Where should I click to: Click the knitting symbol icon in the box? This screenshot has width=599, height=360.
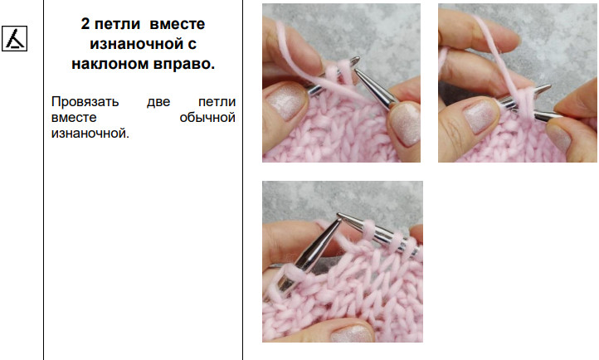point(14,38)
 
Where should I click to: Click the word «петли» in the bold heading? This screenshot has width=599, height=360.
point(117,24)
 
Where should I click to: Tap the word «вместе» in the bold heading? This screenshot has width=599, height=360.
point(178,24)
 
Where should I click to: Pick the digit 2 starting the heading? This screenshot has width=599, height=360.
point(85,24)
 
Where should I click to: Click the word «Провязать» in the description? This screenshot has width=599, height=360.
point(85,102)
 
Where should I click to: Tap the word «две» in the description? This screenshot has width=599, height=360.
point(158,102)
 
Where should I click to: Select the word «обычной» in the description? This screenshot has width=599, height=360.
point(207,118)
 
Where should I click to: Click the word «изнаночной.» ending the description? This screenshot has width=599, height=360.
point(90,134)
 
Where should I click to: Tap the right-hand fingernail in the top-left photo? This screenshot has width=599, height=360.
point(406,124)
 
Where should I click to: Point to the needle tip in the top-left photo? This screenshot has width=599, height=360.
point(356,71)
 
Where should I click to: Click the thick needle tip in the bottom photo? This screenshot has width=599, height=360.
point(338,217)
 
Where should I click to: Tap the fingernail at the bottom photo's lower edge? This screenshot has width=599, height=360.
point(353,334)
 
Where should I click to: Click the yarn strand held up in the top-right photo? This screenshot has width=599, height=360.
point(497,53)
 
